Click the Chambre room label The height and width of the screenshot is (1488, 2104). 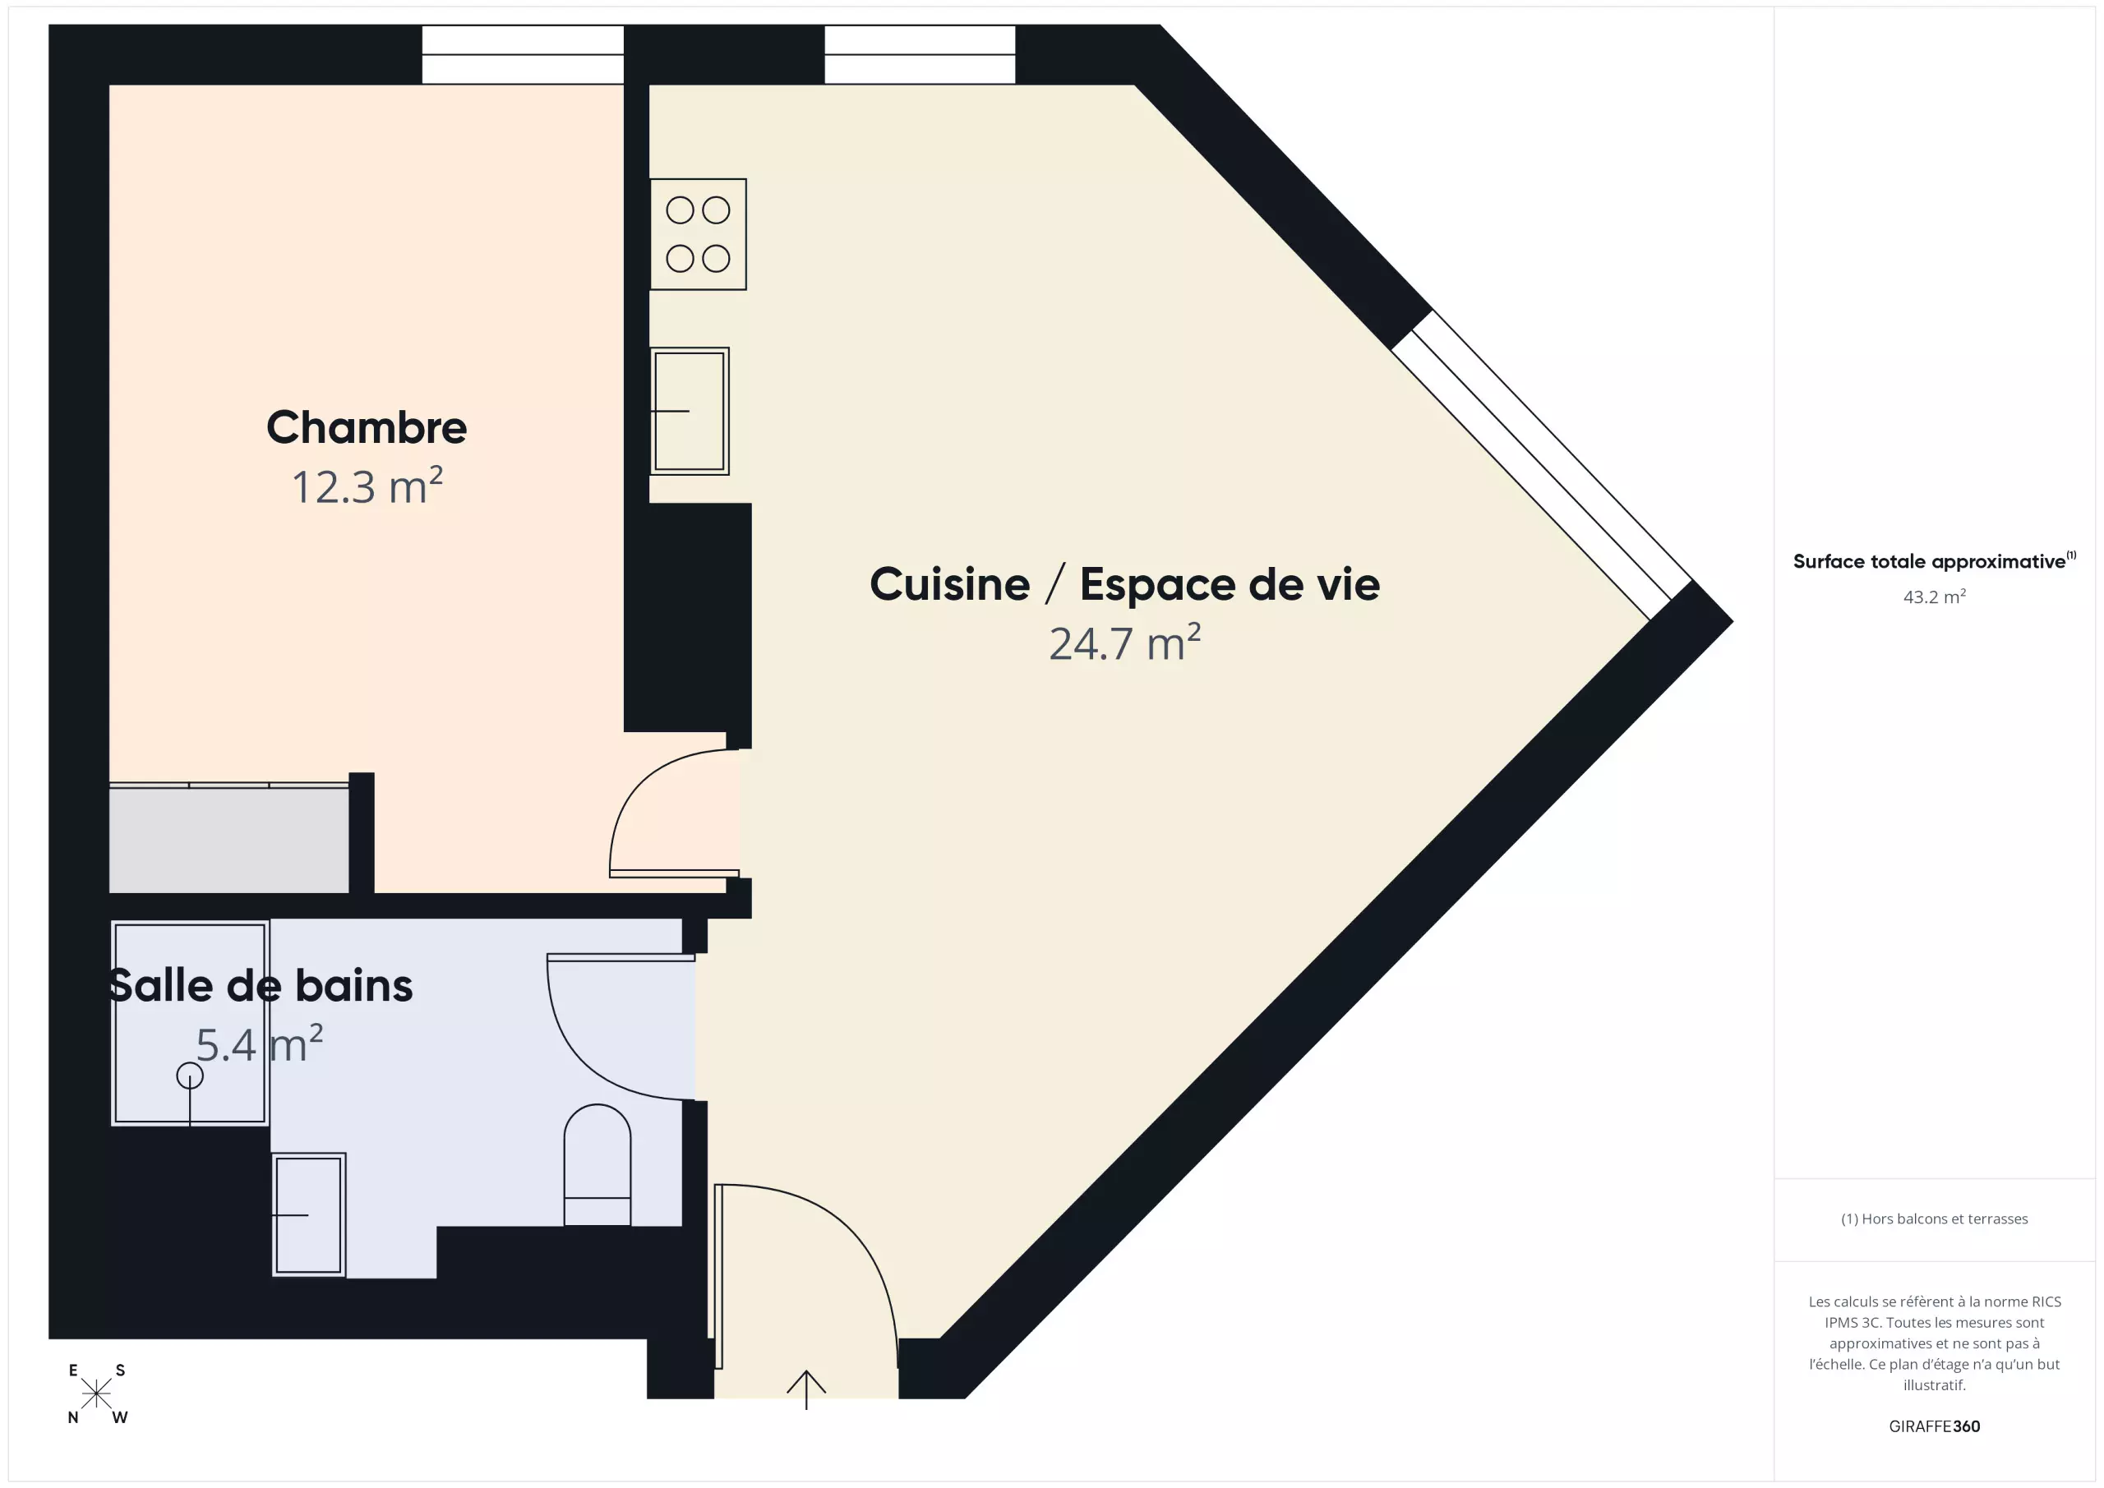pos(367,427)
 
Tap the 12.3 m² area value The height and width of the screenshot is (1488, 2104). pos(367,486)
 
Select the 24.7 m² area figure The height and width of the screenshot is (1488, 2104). pos(1124,643)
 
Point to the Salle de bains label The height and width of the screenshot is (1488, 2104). pos(261,986)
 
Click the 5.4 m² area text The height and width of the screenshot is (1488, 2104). pos(260,1044)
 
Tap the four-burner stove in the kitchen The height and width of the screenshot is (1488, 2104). pos(699,234)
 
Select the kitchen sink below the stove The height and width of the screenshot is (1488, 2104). pos(690,412)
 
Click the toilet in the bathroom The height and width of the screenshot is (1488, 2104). pos(598,1164)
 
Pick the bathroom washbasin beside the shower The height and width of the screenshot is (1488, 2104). pos(309,1215)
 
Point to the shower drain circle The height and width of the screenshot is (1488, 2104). pos(190,1076)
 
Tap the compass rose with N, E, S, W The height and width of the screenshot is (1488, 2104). pos(97,1394)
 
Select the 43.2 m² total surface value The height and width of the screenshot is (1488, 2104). pos(1935,597)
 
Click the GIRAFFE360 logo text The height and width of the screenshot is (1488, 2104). pos(1935,1426)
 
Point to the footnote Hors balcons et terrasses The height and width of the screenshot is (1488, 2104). pos(1935,1219)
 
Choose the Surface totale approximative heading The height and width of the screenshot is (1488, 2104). pos(1935,560)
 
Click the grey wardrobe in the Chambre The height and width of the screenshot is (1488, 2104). pos(229,838)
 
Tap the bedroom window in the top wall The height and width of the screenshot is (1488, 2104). pos(523,54)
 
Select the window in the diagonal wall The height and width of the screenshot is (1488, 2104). pos(1541,465)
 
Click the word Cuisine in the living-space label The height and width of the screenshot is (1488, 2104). pos(949,584)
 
